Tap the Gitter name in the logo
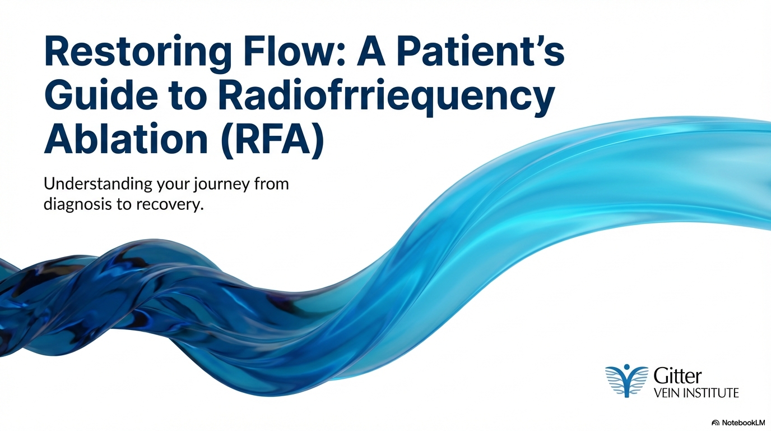point(677,375)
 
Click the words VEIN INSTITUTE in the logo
point(696,393)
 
